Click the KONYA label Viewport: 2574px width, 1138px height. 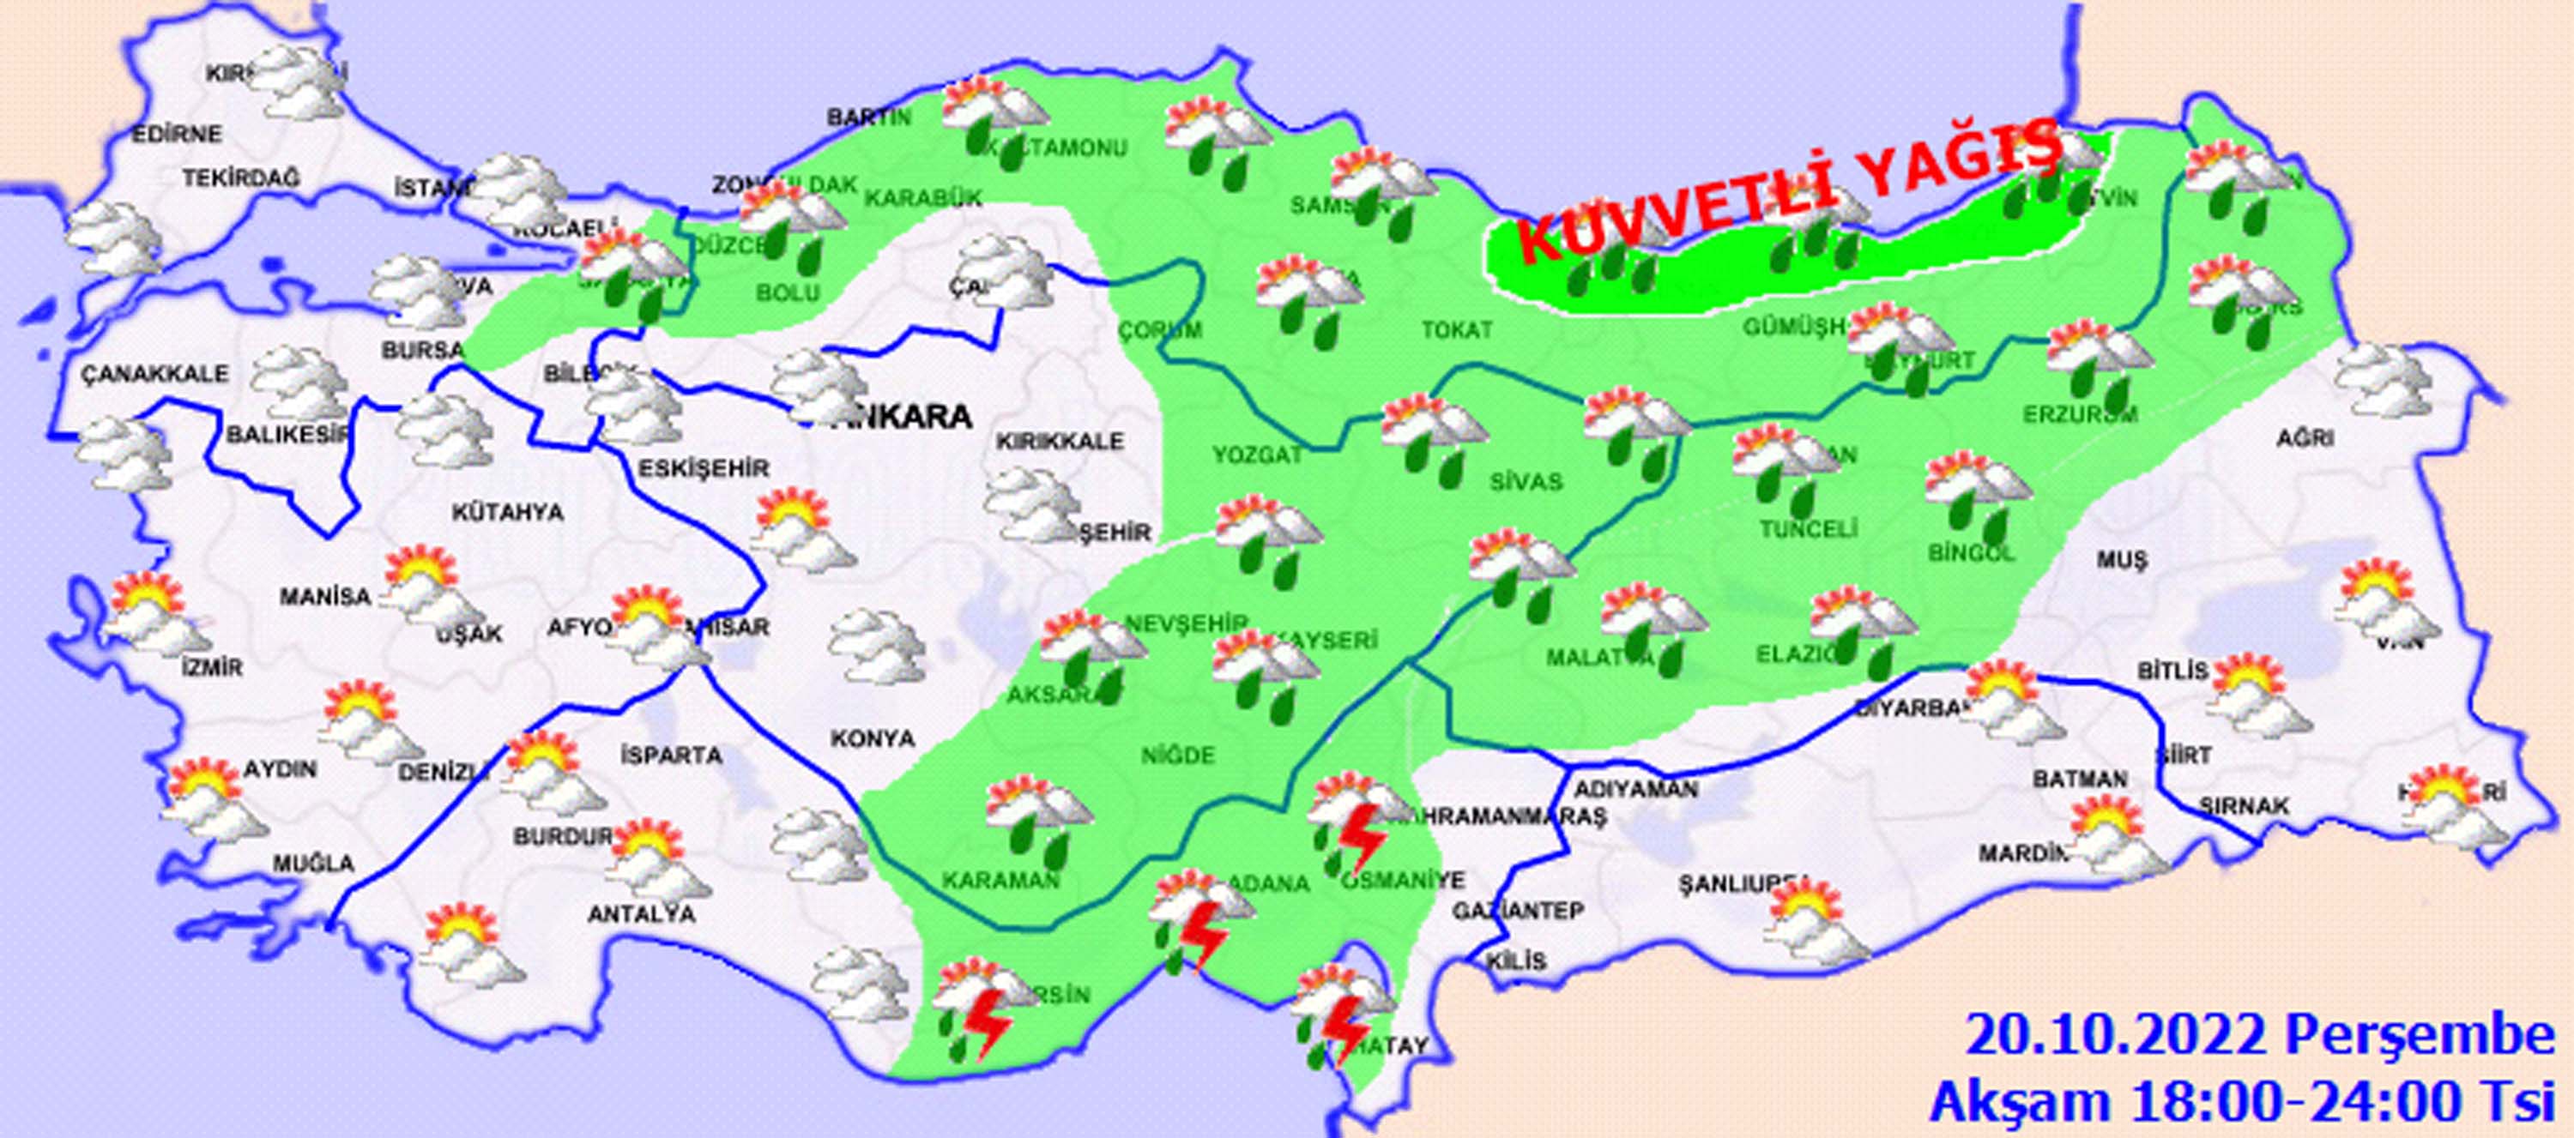coord(873,738)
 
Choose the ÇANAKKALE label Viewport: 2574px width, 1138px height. coord(155,374)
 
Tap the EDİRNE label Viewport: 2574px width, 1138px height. coord(178,134)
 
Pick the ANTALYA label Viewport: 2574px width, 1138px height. coord(641,914)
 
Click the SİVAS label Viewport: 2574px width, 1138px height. coord(1525,482)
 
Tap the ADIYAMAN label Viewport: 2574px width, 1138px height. coord(1634,789)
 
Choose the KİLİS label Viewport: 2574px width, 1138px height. coord(1516,961)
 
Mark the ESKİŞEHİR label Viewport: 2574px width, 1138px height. coord(704,467)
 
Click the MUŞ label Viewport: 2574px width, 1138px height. coord(2121,562)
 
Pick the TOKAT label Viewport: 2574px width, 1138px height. coord(1457,329)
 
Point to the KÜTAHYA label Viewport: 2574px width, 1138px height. coord(508,513)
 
